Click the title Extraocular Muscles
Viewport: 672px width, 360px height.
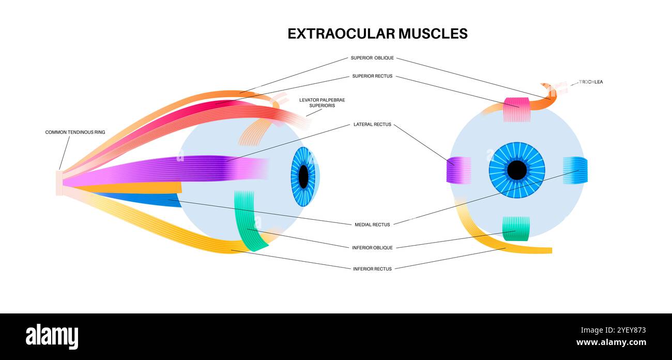coord(377,34)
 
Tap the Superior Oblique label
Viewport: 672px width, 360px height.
coord(372,58)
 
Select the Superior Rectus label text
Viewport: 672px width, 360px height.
coord(372,76)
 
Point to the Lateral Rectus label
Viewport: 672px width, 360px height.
coord(372,125)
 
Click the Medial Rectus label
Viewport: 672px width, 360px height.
coord(372,224)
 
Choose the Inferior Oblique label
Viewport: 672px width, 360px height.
coord(372,248)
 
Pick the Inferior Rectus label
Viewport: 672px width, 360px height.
coord(372,269)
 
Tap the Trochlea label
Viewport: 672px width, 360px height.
coord(591,82)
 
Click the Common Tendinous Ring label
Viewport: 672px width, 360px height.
coord(75,132)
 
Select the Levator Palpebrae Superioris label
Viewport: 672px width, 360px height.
coord(322,102)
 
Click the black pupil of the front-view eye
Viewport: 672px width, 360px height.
coord(516,170)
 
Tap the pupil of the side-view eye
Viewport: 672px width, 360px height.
coord(303,177)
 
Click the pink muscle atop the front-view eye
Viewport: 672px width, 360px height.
coord(516,109)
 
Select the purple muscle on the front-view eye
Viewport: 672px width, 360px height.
coord(459,170)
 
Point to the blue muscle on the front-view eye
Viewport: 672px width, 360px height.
coord(575,170)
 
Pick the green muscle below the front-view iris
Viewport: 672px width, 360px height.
coord(516,229)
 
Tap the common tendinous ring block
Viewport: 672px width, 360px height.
coord(59,183)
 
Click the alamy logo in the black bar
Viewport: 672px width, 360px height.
coord(52,336)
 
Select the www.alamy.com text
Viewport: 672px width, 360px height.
coord(611,342)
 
